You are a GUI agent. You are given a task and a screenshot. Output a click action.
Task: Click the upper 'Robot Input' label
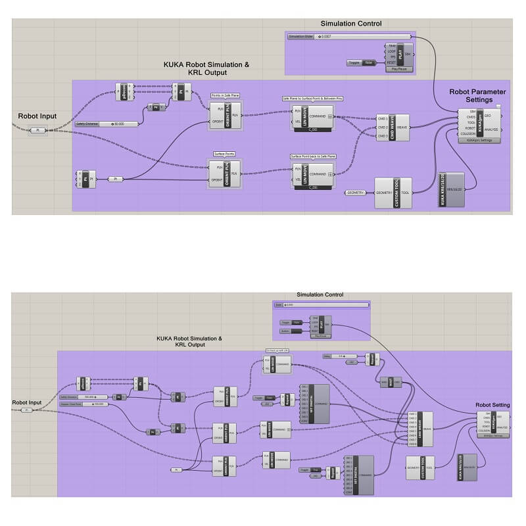click(x=37, y=116)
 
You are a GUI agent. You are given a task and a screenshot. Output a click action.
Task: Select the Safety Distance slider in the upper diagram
click(x=108, y=123)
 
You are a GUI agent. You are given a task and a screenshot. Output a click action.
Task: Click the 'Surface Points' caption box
click(x=224, y=154)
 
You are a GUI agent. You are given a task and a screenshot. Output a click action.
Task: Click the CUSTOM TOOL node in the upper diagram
click(x=393, y=193)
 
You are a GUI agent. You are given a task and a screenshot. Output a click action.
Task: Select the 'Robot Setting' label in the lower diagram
click(x=491, y=405)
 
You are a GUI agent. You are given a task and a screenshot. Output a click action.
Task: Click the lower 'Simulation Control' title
click(x=320, y=295)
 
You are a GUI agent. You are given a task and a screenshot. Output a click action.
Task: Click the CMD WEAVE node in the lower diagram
click(x=420, y=428)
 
